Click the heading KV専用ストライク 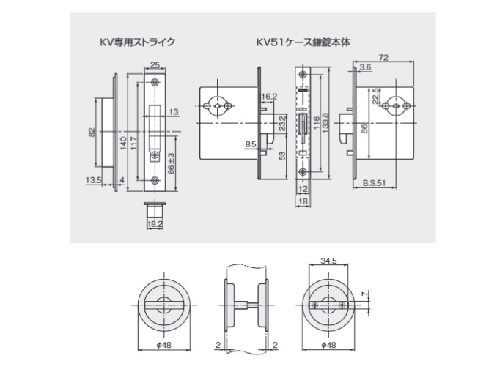[x=137, y=42]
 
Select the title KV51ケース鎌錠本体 [x=303, y=42]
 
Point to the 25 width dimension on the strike [x=155, y=64]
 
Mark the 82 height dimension [x=92, y=132]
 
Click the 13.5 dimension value [x=93, y=179]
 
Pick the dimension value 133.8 [x=327, y=121]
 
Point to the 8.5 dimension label [x=251, y=144]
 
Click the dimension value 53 [x=281, y=155]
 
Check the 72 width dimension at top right [x=385, y=56]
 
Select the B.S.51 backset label [x=375, y=184]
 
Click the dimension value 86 [x=364, y=130]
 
